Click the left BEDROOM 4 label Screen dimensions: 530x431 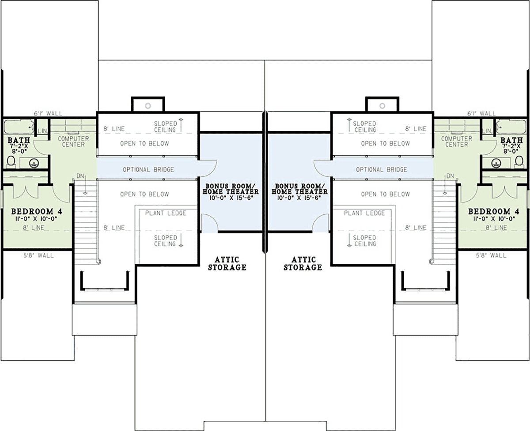pos(37,212)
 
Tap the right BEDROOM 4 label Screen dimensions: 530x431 pos(494,212)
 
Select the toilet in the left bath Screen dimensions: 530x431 pos(11,161)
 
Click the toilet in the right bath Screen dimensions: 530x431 pos(519,161)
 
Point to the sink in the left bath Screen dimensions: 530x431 pos(34,163)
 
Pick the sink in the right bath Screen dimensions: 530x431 pos(496,163)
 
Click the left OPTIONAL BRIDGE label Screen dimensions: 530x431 pos(148,170)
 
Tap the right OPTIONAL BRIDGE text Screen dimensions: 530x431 pos(382,170)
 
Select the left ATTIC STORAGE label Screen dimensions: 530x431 pos(227,263)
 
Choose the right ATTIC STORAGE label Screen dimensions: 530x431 pos(303,263)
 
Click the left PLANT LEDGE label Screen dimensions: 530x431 pos(166,213)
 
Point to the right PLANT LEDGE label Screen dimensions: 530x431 pos(364,213)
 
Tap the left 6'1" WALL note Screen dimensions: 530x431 pos(48,114)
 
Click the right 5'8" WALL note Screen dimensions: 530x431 pos(491,256)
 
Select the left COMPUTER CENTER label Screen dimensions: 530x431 pos(73,141)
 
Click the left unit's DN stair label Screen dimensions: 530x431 pos(80,176)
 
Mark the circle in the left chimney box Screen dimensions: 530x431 pos(148,106)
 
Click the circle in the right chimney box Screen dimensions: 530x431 pos(382,106)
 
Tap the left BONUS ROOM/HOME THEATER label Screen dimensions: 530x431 pos(231,189)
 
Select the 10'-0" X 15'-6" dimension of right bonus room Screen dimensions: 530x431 pos(299,198)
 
